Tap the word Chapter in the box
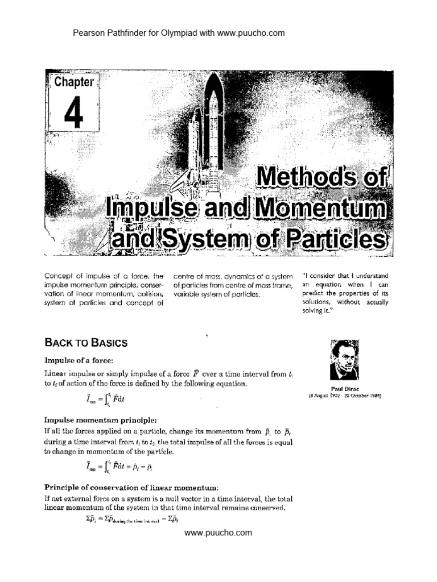point(73,82)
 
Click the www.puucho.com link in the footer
point(218,533)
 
